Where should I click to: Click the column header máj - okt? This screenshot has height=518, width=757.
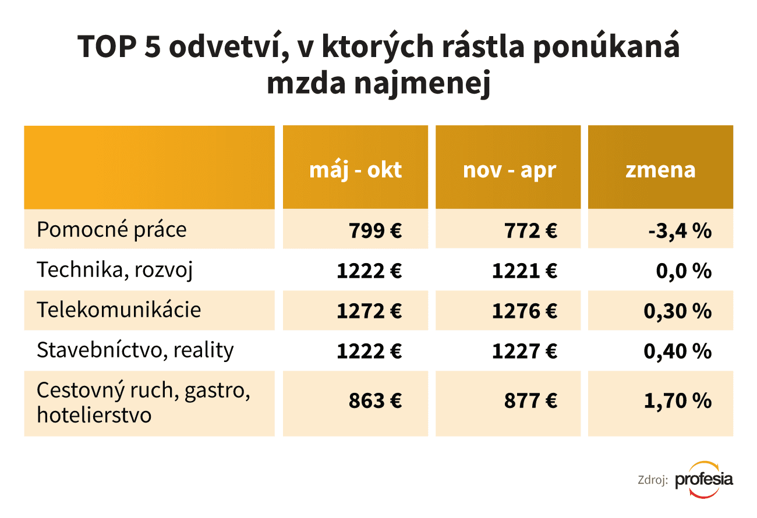click(x=355, y=169)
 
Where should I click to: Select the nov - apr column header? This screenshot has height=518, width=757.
click(x=510, y=169)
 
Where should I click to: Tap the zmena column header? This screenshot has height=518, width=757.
click(x=660, y=169)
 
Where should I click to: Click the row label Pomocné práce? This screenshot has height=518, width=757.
click(x=111, y=229)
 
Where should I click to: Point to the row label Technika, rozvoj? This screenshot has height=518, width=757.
click(x=114, y=270)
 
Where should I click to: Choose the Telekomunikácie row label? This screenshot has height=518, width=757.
click(x=119, y=310)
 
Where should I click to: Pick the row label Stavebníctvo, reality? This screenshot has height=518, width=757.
click(x=135, y=350)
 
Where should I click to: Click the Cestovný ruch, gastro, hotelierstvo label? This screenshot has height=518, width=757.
click(x=143, y=402)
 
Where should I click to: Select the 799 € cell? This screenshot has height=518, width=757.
click(x=376, y=231)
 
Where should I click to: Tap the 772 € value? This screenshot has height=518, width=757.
click(x=530, y=231)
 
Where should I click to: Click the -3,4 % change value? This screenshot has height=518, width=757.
click(x=680, y=231)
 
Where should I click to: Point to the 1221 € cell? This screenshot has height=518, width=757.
click(x=524, y=271)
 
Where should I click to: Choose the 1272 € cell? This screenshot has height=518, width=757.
click(x=369, y=311)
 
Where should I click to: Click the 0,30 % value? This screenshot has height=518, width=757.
click(x=677, y=311)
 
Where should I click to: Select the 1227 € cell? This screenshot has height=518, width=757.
click(x=524, y=351)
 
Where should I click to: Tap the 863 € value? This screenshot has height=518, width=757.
click(x=376, y=401)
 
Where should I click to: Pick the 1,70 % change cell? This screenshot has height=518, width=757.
click(x=677, y=401)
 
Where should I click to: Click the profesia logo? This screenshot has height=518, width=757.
click(x=703, y=480)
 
